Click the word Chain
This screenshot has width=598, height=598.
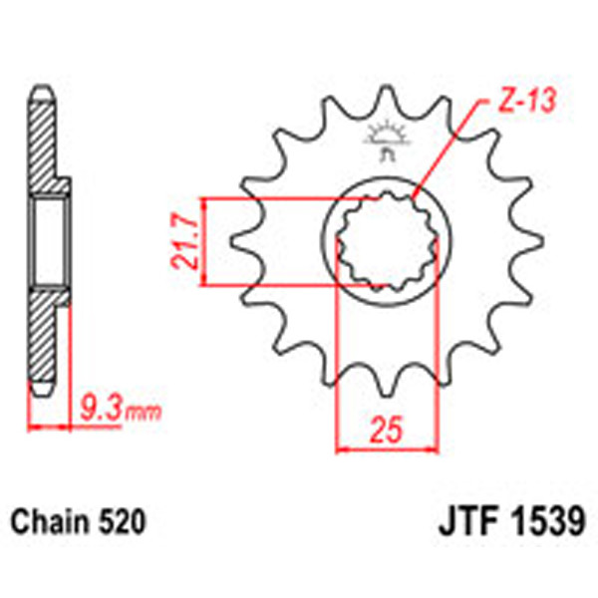(x=49, y=520)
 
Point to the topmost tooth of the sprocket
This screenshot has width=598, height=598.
(x=385, y=100)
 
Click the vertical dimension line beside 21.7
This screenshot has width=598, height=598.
(x=203, y=242)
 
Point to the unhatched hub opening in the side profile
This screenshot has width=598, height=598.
(x=49, y=242)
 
